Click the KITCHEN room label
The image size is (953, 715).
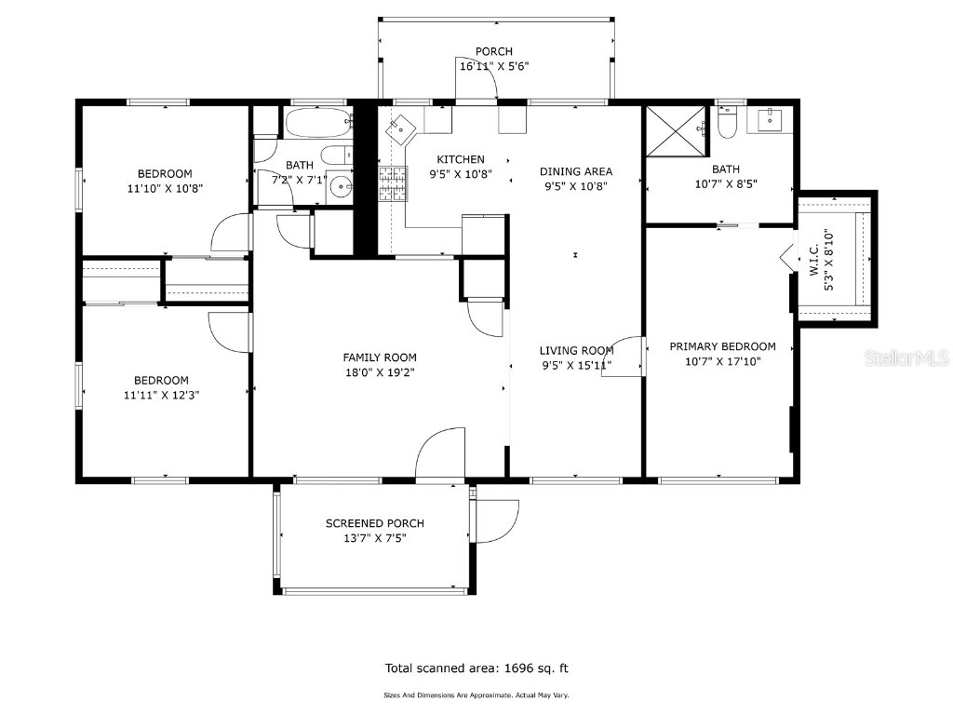[x=461, y=159]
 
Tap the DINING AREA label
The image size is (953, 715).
[x=576, y=171]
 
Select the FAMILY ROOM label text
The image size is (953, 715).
[x=380, y=357]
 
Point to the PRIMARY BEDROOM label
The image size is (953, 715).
[x=722, y=346]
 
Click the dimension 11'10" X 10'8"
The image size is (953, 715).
[x=165, y=188]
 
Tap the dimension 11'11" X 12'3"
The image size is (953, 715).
[x=161, y=394]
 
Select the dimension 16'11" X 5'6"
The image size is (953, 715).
[x=494, y=66]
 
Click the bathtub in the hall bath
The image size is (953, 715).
[x=316, y=122]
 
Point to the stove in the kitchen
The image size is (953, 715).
[x=393, y=182]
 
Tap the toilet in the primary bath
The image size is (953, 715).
[x=728, y=125]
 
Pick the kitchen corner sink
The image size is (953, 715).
[x=400, y=127]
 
